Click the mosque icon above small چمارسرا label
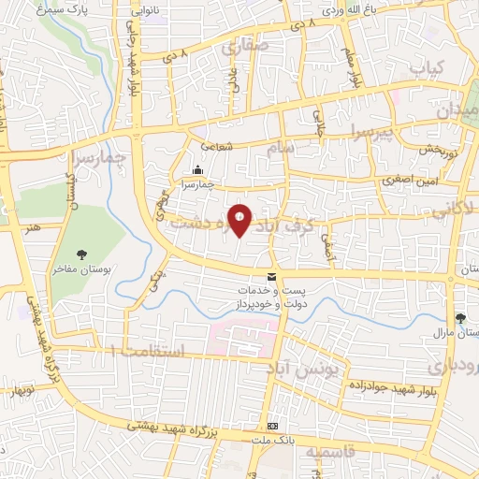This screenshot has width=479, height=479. tap(197, 170)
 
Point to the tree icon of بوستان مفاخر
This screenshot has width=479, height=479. tap(83, 254)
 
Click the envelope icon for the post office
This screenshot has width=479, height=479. tap(271, 276)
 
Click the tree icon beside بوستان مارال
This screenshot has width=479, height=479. tap(459, 318)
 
